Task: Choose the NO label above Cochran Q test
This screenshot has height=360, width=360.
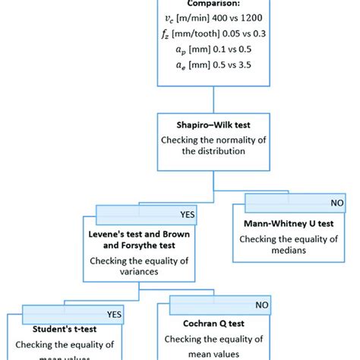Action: click(x=261, y=305)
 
